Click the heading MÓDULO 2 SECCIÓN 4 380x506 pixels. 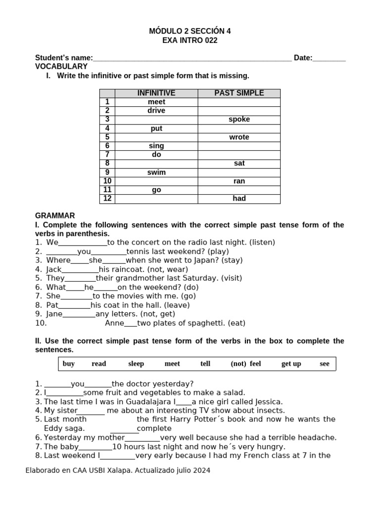coord(190,31)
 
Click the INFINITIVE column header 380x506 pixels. coord(156,93)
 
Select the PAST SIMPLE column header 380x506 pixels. coord(239,93)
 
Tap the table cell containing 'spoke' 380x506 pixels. coord(239,120)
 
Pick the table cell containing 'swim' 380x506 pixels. coord(156,172)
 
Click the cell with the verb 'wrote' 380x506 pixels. coord(239,137)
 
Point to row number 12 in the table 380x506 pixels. coord(107,199)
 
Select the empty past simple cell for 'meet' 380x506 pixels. coord(239,102)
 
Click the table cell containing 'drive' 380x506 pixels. coord(156,111)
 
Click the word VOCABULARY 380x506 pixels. coord(61,66)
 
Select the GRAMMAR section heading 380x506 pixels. coord(55,216)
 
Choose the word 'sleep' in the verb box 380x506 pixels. coord(136,364)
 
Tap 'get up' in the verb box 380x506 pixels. coord(291,364)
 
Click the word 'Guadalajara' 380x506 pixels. coord(150,402)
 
